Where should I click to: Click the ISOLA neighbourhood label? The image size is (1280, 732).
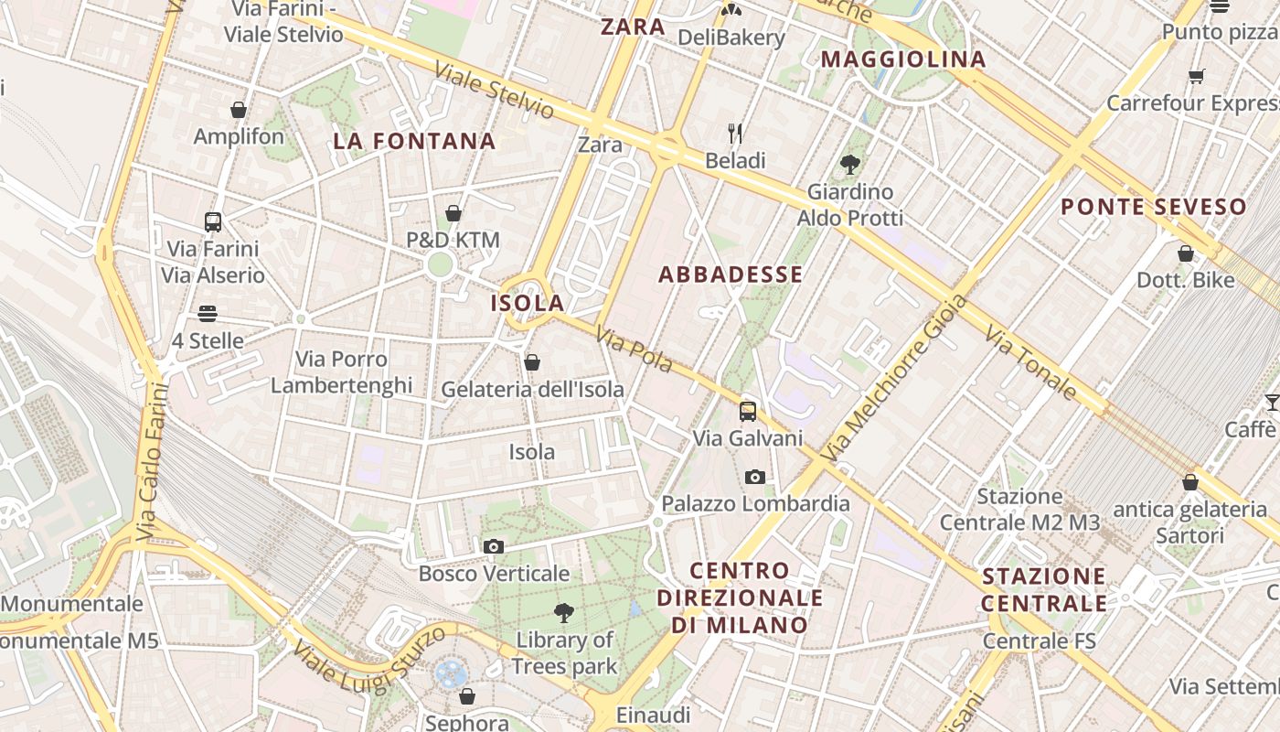click(x=528, y=303)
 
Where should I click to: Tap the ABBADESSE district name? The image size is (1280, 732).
click(x=731, y=274)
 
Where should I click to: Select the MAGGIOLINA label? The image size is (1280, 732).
click(x=903, y=60)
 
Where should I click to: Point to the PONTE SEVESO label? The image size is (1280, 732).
click(x=1154, y=207)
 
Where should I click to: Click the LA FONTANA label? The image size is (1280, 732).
click(x=414, y=142)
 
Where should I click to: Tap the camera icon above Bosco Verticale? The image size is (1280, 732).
click(x=494, y=546)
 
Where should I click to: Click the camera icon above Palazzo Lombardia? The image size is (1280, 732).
click(x=755, y=477)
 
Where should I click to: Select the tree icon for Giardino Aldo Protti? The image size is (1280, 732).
click(x=850, y=165)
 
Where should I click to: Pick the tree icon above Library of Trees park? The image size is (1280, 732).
click(x=564, y=612)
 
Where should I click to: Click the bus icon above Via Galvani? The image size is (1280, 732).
click(x=748, y=411)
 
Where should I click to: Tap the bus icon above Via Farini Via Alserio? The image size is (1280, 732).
click(x=213, y=221)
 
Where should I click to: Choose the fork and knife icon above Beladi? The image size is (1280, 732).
click(x=735, y=134)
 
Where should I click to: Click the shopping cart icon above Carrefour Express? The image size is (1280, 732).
click(x=1196, y=76)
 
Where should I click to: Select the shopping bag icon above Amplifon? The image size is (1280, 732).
click(x=239, y=110)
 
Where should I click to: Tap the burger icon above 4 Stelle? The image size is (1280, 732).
click(x=208, y=314)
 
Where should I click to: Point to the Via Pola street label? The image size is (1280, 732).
click(x=634, y=350)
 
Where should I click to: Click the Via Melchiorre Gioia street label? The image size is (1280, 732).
click(x=893, y=378)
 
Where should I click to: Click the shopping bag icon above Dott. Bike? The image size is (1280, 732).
click(x=1186, y=253)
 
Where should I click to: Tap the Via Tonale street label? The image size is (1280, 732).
click(x=1030, y=363)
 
